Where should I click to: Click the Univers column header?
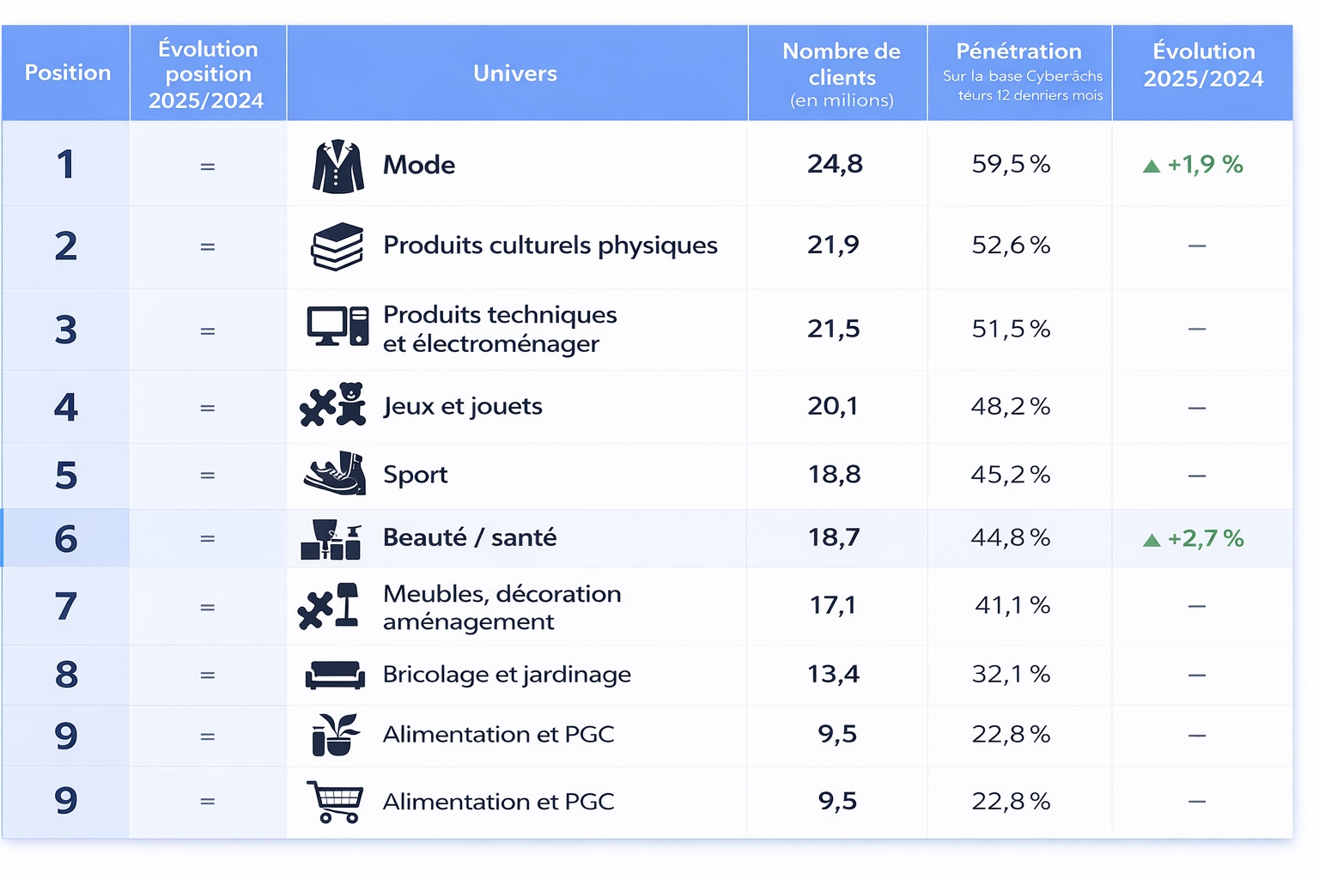click(515, 74)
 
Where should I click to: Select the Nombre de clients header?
click(841, 75)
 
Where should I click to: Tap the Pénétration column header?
click(1019, 72)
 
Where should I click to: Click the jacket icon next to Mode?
click(337, 166)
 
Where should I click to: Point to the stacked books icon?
click(337, 246)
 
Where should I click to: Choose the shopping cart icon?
click(335, 802)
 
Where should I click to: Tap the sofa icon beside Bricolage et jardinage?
click(335, 675)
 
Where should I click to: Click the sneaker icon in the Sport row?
click(335, 474)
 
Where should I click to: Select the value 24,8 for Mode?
click(835, 164)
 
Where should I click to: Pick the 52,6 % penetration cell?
click(1011, 246)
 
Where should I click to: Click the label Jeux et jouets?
click(463, 406)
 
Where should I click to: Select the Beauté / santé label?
click(470, 537)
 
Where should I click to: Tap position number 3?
click(66, 330)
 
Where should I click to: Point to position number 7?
click(66, 607)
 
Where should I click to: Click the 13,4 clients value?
click(833, 675)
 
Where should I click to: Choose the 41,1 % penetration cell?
click(1012, 606)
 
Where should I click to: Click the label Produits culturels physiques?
click(550, 246)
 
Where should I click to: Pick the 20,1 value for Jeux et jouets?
click(833, 406)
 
